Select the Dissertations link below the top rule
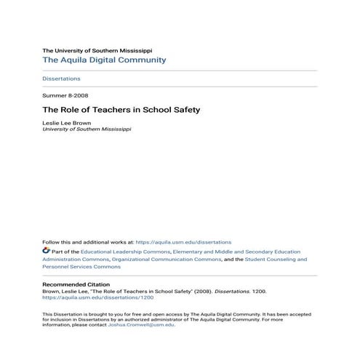(x=62, y=79)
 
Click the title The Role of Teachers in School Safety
(x=121, y=110)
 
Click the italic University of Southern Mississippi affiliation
(x=87, y=129)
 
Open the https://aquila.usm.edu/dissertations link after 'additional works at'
(x=183, y=242)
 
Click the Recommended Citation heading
(x=76, y=284)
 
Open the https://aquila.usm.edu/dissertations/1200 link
(x=92, y=297)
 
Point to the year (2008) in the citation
(x=201, y=291)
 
